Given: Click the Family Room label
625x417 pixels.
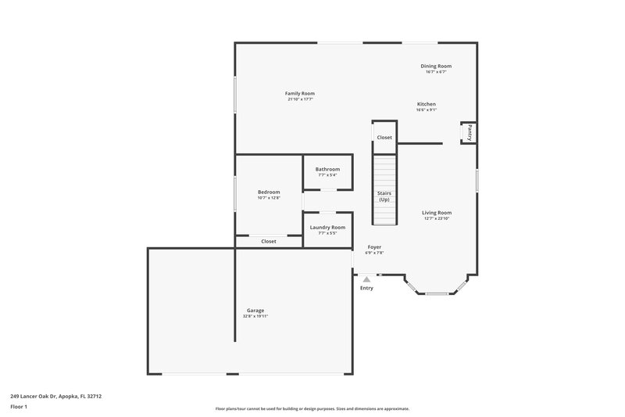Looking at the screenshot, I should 301,93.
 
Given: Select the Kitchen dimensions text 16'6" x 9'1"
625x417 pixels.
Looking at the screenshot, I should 427,110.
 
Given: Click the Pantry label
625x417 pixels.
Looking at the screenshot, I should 470,133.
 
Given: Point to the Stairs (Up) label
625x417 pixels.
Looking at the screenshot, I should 384,196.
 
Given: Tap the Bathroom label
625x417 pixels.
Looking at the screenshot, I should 327,169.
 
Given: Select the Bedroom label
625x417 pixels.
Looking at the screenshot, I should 269,192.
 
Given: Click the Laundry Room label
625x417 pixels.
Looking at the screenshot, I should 327,227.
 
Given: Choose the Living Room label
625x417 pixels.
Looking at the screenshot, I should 437,212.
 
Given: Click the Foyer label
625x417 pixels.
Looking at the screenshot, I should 375,246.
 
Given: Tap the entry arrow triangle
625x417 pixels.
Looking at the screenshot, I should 366,279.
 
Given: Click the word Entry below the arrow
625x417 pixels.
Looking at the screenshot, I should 366,288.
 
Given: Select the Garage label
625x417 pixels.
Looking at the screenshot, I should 255,310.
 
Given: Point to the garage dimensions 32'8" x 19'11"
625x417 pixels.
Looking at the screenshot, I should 255,316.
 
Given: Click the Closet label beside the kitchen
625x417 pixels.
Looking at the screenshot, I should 384,138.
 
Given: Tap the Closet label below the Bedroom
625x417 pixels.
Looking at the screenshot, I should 269,242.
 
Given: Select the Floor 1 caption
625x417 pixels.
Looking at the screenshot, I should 20,407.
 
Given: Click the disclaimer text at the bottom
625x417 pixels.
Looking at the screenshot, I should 312,408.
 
